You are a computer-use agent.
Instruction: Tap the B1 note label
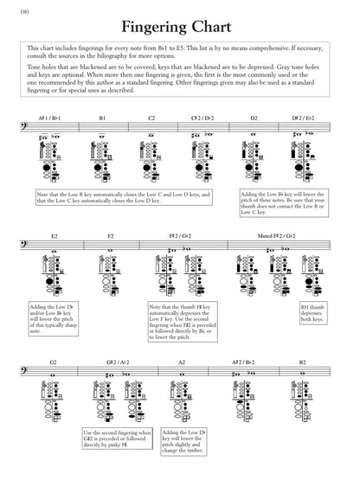pyautogui.click(x=101, y=118)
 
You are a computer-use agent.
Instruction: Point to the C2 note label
pyautogui.click(x=151, y=118)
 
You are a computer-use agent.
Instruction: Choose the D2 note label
pyautogui.click(x=254, y=118)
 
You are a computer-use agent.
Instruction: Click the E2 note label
pyautogui.click(x=54, y=235)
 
